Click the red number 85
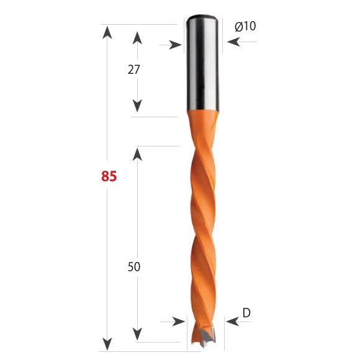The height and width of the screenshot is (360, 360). [109, 176]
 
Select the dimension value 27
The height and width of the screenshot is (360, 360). [133, 70]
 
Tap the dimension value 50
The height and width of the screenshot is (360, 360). [134, 267]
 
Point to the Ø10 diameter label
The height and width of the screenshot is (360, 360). [245, 26]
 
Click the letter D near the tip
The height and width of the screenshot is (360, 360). [246, 313]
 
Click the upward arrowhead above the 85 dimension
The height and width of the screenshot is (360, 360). [107, 33]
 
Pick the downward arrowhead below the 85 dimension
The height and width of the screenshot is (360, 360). [107, 344]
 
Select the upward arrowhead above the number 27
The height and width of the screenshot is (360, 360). [137, 38]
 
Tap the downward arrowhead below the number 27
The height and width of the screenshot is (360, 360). [137, 106]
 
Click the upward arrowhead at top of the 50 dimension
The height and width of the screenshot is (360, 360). [137, 155]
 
